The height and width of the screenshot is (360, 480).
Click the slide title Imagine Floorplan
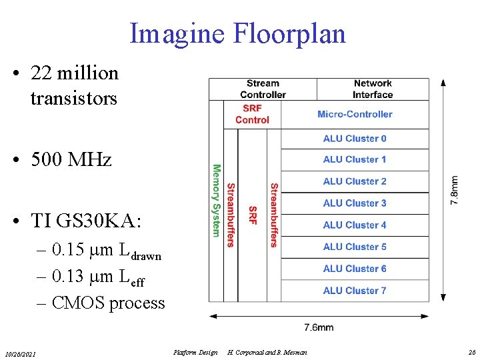pos(238,33)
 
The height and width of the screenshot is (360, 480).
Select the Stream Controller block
pos(263,89)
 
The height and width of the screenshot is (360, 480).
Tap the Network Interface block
pos(373,89)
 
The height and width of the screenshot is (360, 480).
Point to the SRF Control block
pos(252,114)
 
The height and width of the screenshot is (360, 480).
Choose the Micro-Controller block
pos(355,114)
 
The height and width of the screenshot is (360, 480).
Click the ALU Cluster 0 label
pos(355,139)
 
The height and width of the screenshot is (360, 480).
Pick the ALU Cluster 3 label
pos(355,203)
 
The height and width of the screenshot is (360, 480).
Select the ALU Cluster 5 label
pos(355,247)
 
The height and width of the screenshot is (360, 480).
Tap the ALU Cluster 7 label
pos(355,291)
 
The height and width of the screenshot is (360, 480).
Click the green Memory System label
pos(216,200)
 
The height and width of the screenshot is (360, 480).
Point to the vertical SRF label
pos(252,215)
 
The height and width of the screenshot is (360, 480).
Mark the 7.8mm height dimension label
pos(454,191)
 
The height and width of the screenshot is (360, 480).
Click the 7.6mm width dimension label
pos(319,327)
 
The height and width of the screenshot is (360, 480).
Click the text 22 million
pos(74,73)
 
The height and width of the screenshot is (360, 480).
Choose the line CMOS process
pos(107,303)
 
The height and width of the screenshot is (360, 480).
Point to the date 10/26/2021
pos(21,353)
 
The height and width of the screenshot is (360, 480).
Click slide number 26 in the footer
pos(472,352)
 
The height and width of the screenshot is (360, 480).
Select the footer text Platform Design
pos(195,352)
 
